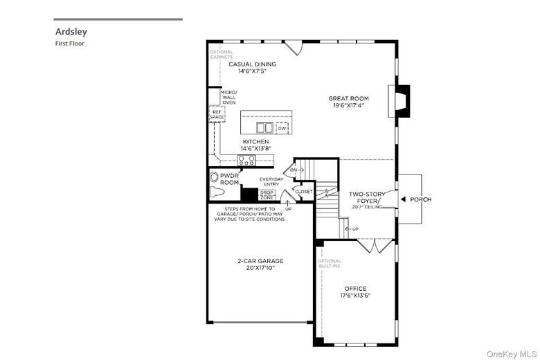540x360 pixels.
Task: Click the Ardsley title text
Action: [71, 31]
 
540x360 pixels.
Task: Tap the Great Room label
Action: [348, 102]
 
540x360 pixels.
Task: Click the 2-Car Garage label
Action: [260, 264]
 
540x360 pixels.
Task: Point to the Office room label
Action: [355, 291]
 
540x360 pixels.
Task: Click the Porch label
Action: [420, 199]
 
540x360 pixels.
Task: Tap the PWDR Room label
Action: [229, 179]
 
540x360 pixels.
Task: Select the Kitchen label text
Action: [255, 145]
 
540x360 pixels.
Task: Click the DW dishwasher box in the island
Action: [282, 128]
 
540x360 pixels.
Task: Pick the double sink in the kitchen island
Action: [264, 128]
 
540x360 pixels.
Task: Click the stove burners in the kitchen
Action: [246, 160]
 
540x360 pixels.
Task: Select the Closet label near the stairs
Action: [303, 191]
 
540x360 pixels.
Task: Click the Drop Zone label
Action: [267, 195]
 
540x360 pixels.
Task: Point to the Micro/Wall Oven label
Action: [228, 98]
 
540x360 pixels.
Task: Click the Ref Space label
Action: [217, 114]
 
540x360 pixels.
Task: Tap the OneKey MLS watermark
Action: [512, 353]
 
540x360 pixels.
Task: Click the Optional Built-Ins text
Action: [330, 263]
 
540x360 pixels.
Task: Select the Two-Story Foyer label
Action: [366, 198]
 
